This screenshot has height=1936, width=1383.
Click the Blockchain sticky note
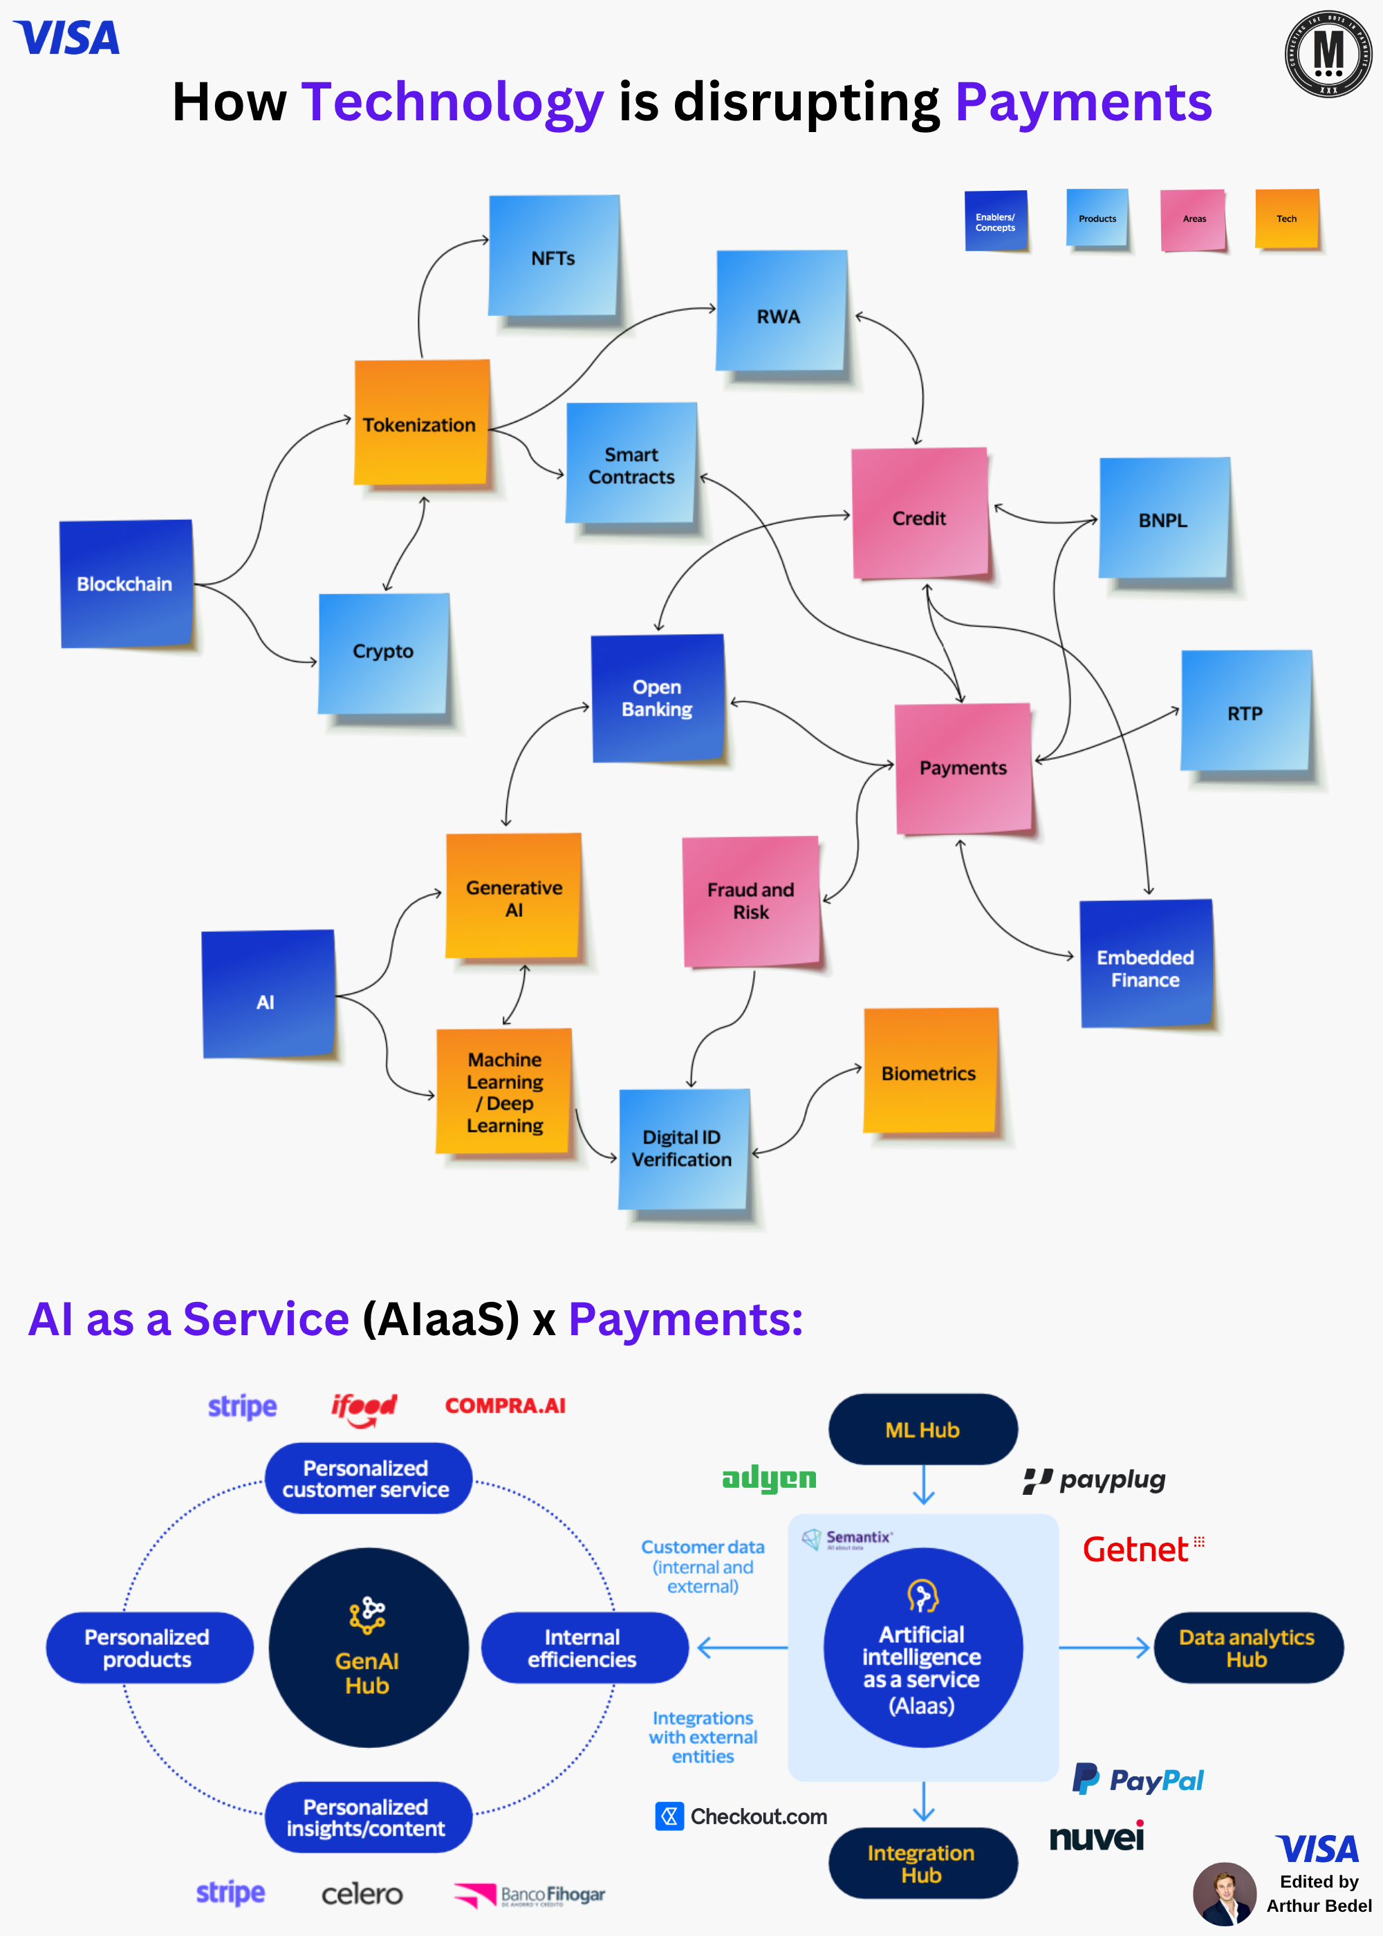(126, 584)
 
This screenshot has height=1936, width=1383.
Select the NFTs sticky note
(553, 257)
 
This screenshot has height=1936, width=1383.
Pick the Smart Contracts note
(631, 464)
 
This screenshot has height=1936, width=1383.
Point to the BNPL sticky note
(1163, 519)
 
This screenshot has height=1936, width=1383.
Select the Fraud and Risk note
(751, 901)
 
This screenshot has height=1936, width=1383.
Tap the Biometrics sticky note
(930, 1072)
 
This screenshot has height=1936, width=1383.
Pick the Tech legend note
(1287, 218)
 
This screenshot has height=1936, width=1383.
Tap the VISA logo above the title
(67, 38)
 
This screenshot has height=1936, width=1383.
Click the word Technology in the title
(452, 103)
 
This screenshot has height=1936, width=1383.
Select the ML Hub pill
(922, 1429)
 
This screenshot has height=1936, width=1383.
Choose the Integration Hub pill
(922, 1863)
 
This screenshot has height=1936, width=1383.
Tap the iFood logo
(364, 1407)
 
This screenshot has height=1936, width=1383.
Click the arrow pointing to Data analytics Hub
(1104, 1648)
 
